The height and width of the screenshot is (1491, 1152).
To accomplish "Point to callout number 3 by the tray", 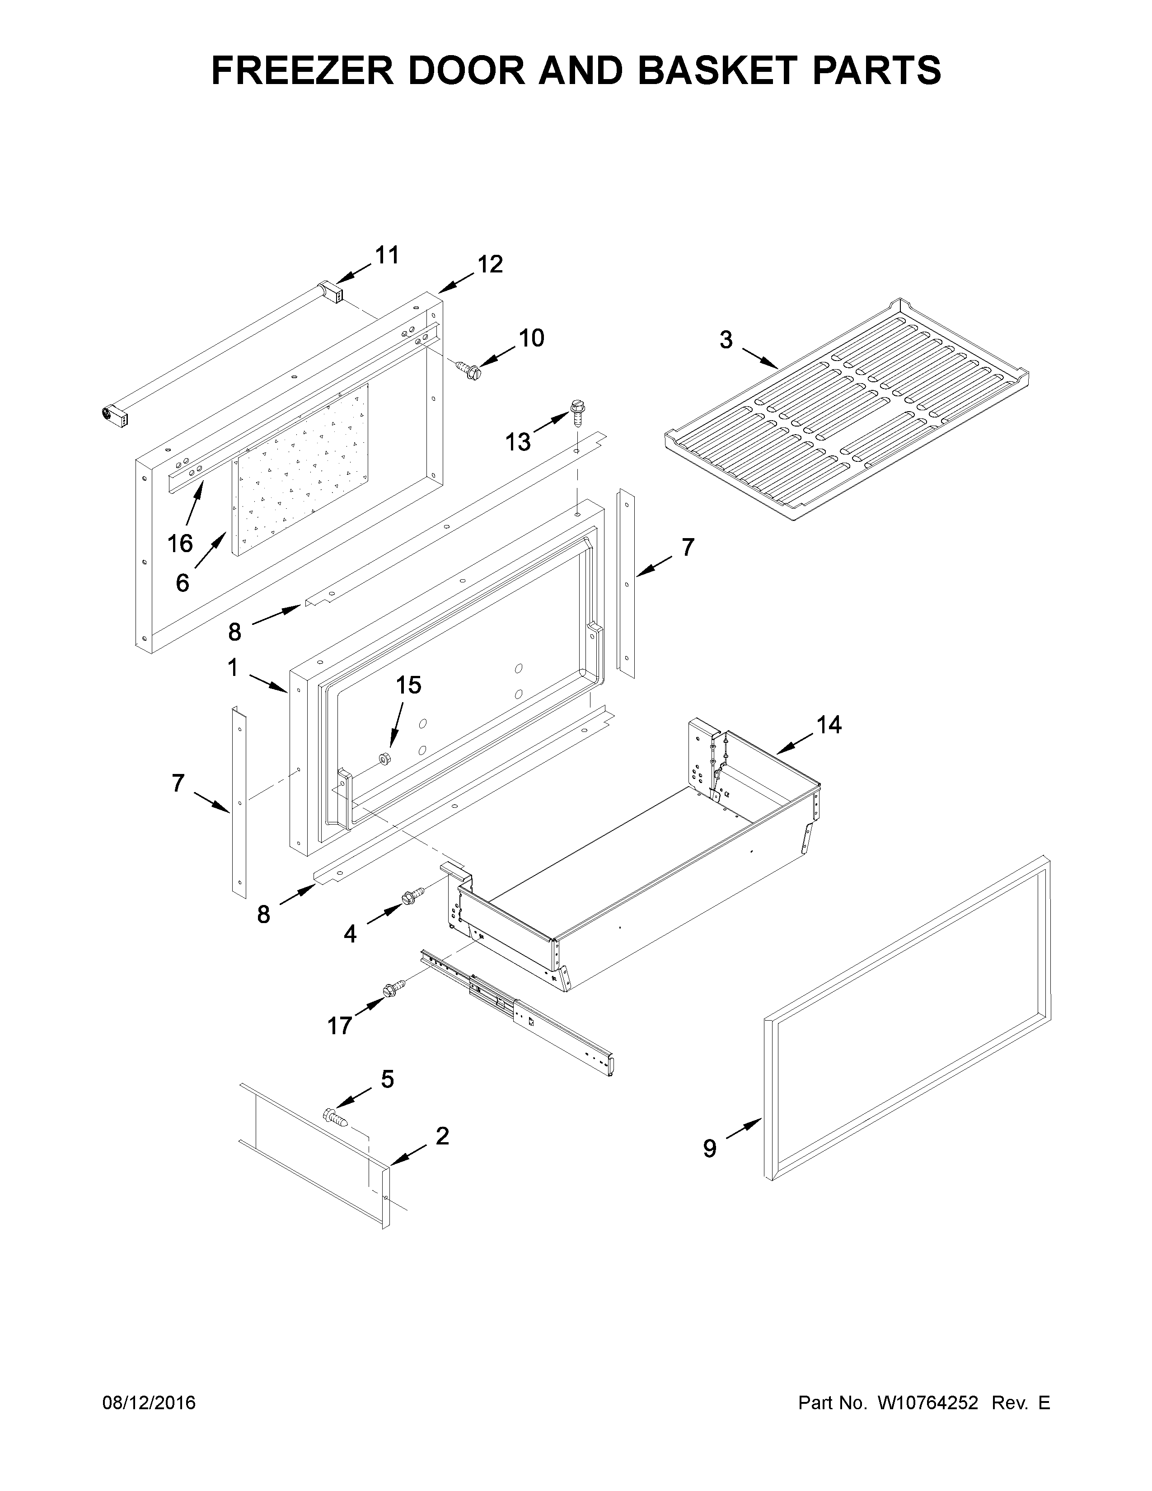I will pyautogui.click(x=726, y=339).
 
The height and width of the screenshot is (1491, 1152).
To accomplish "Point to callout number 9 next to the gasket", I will pyautogui.click(x=710, y=1149).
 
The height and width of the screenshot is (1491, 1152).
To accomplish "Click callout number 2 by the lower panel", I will pyautogui.click(x=442, y=1136).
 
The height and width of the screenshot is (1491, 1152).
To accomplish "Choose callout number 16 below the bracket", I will pyautogui.click(x=180, y=544).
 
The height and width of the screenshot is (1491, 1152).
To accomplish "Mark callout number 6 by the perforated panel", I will pyautogui.click(x=182, y=582).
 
